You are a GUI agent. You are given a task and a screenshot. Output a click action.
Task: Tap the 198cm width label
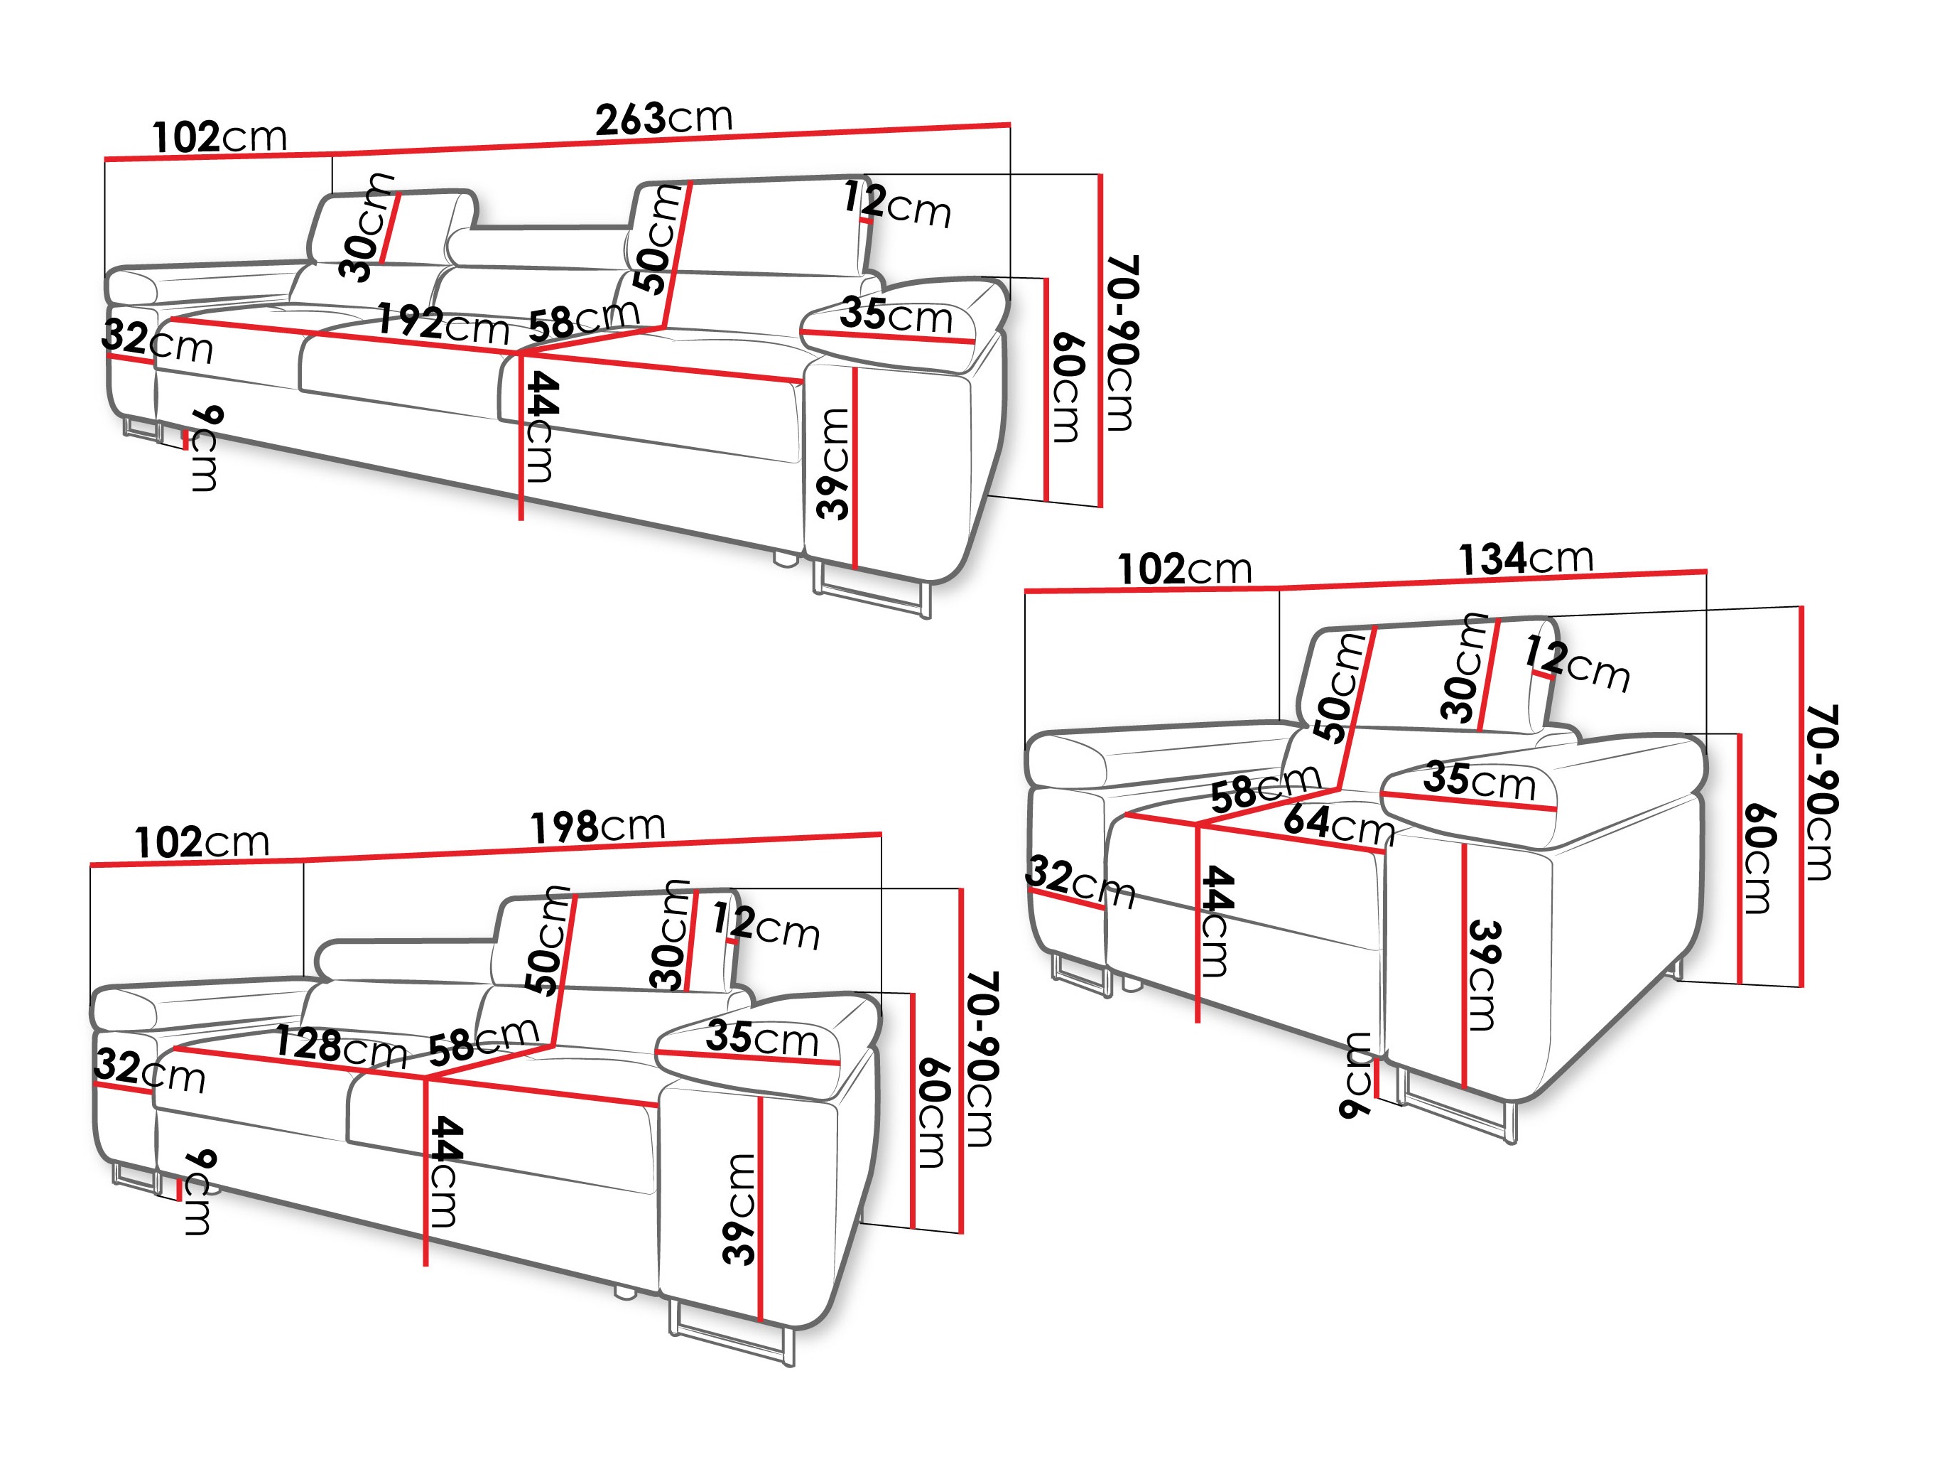[x=598, y=827]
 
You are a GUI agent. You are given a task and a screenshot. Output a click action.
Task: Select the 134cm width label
[x=1526, y=559]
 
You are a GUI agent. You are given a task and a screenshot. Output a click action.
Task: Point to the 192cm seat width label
[x=443, y=324]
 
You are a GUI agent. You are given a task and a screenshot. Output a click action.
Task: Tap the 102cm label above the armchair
[x=1184, y=569]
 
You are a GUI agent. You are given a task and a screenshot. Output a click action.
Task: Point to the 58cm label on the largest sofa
[x=584, y=320]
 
